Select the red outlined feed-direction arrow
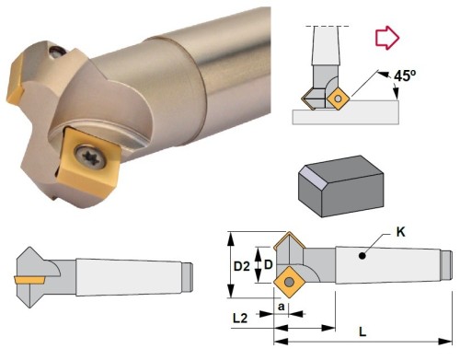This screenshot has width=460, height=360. [x=387, y=38]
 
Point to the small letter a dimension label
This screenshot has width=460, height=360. [x=280, y=302]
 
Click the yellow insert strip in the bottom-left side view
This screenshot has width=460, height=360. [x=34, y=278]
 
